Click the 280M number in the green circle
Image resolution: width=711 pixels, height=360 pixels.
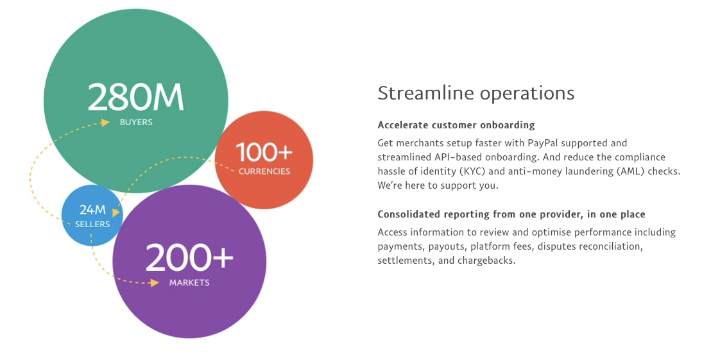pos(135,97)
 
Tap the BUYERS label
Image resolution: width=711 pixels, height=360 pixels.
pos(136,123)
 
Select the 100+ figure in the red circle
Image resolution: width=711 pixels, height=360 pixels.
pos(264,152)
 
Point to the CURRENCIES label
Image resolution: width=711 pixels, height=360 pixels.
pos(264,171)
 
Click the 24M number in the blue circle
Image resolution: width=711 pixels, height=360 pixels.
pos(92,209)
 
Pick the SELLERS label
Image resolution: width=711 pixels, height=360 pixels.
pos(92,224)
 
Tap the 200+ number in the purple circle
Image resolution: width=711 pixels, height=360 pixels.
pos(189,257)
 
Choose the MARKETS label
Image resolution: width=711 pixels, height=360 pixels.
pos(189,282)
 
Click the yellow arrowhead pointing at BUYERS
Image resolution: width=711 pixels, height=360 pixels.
pos(106,123)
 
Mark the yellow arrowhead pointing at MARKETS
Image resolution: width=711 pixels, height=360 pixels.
pos(155,283)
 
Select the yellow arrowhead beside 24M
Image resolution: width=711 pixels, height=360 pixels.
pos(116,212)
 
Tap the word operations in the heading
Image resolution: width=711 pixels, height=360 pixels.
pos(527,94)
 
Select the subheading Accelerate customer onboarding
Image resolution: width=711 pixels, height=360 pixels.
pos(456,125)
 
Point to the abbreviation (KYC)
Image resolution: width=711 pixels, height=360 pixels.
pos(472,171)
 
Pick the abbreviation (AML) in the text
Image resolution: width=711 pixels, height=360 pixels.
pos(630,171)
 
